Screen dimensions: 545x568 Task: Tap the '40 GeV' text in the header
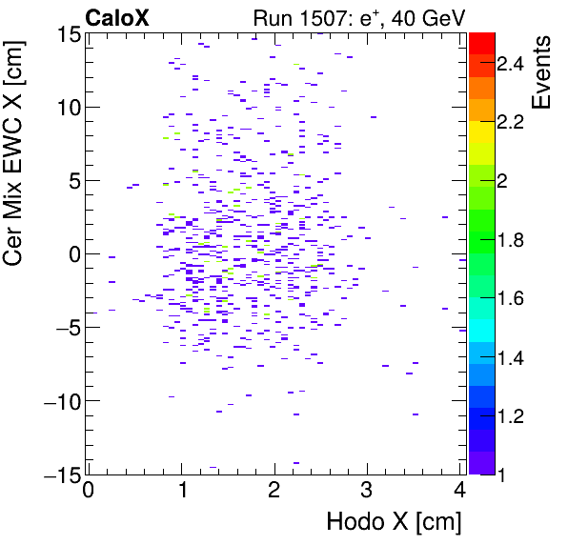click(x=424, y=17)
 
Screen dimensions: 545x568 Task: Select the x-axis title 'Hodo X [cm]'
click(x=394, y=522)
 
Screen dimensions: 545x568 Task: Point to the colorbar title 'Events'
click(x=544, y=72)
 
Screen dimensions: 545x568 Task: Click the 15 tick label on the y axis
click(x=65, y=34)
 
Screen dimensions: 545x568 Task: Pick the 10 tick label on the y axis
click(x=65, y=108)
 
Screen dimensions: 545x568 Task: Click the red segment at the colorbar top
click(x=482, y=42)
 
